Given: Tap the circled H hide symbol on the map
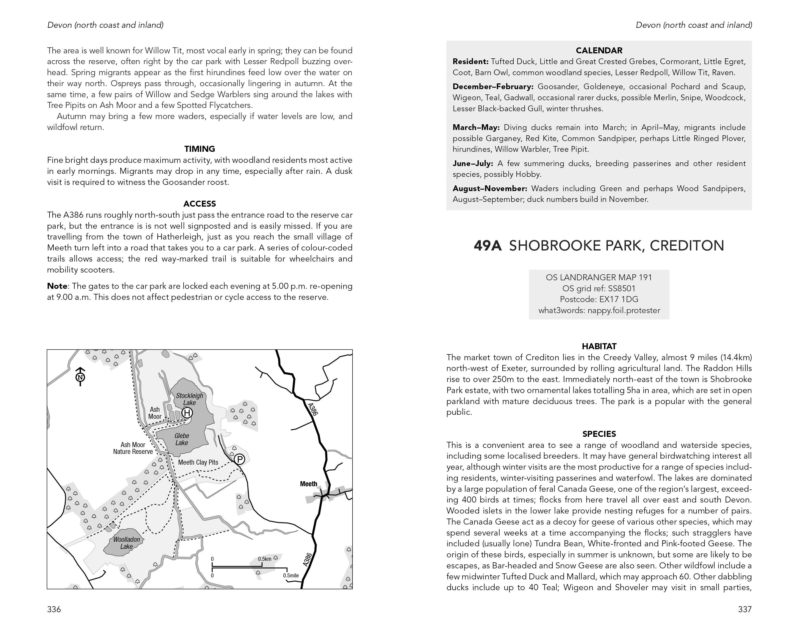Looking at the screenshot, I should [187, 413].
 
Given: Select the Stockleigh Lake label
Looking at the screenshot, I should [189, 399].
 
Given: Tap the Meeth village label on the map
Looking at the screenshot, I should [308, 484].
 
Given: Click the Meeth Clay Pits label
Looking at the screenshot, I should [198, 462].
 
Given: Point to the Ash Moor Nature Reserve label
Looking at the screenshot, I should [133, 448].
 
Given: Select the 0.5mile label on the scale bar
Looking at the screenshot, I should [291, 575].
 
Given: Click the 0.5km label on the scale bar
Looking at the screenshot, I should [265, 559].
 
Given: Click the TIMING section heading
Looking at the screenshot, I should [199, 149].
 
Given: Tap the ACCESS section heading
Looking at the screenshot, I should [199, 204].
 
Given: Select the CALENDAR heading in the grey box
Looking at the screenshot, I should [599, 50].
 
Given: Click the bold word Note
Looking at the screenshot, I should [57, 286].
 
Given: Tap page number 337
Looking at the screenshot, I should [745, 609].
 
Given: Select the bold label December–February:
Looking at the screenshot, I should [493, 87].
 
